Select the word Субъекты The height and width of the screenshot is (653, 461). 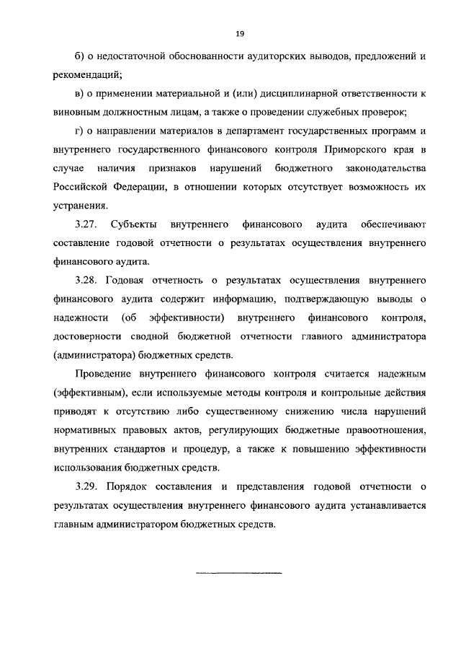click(x=137, y=224)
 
